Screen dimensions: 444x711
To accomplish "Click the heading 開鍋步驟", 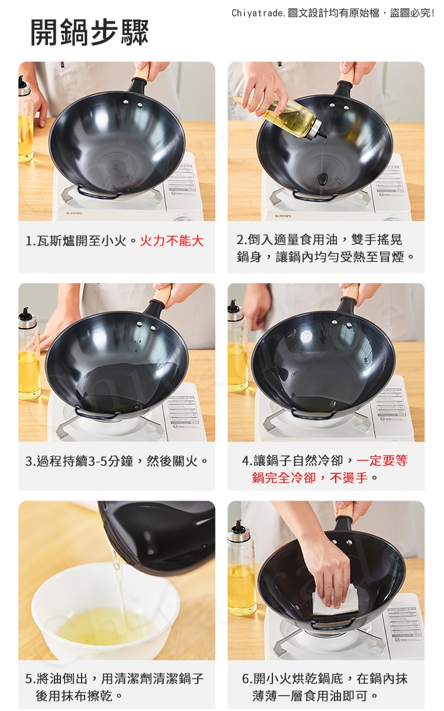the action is pos(89,33).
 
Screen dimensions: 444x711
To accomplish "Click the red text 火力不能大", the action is pos(172,241).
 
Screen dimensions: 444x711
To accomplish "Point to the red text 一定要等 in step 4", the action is pos(382,460).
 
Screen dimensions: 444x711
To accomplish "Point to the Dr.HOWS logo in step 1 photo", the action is pos(74,213).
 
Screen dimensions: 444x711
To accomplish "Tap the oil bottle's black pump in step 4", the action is pos(234,306).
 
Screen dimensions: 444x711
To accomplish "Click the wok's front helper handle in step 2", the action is pos(315,195).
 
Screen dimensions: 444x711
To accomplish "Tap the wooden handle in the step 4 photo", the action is pos(350,292).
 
